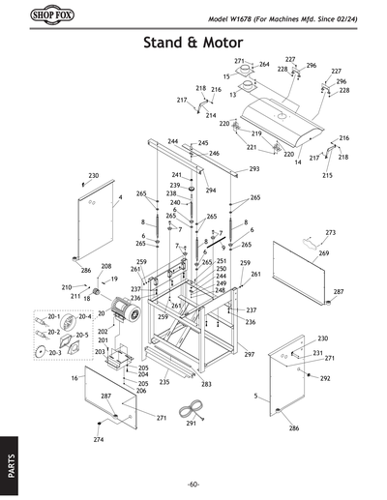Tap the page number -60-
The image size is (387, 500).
tap(193, 484)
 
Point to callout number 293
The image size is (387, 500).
tap(254, 169)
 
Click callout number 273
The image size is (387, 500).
tap(330, 233)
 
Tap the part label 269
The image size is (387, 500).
tap(323, 253)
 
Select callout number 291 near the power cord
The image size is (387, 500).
tap(191, 424)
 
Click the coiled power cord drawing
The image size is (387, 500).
tap(194, 415)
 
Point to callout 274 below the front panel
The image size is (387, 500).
tap(98, 440)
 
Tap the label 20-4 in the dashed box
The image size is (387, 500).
tap(83, 316)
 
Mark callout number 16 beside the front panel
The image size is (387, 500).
tap(74, 379)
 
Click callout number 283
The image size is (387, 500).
tap(206, 385)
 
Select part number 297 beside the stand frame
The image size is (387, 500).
tap(249, 355)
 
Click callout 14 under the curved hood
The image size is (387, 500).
tap(297, 163)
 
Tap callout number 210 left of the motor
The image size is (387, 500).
tap(67, 288)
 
